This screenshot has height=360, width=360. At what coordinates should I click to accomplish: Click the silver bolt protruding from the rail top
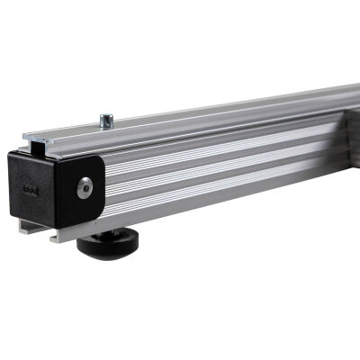[x=106, y=120]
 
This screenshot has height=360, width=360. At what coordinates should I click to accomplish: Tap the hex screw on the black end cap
[x=85, y=186]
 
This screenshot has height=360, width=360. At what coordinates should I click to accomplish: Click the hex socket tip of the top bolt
[x=106, y=114]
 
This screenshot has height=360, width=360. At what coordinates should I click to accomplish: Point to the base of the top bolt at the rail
[x=106, y=127]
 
